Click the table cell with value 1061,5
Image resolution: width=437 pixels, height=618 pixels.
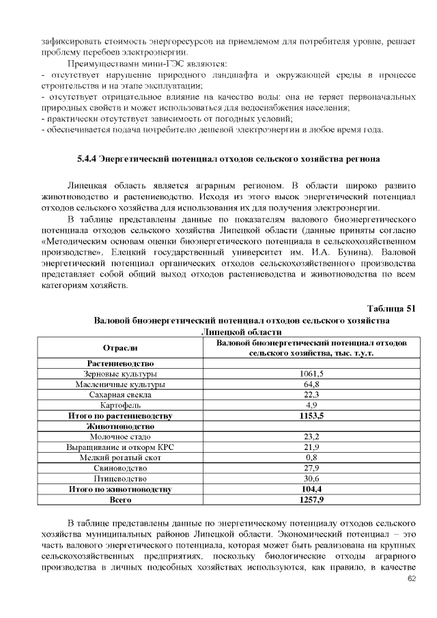click(x=311, y=374)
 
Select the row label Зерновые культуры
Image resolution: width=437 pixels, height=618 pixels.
click(x=120, y=374)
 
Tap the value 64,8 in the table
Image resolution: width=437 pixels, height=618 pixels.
click(x=311, y=384)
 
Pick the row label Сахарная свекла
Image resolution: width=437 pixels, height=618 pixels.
click(x=120, y=395)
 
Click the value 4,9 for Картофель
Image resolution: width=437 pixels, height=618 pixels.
click(x=311, y=405)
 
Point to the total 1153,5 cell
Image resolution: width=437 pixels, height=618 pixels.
click(x=311, y=415)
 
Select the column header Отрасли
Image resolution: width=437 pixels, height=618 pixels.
click(x=120, y=348)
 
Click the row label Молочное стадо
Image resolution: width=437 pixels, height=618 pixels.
click(x=120, y=436)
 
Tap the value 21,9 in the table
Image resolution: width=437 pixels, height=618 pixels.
click(x=311, y=447)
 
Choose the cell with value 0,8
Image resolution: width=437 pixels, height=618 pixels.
click(x=311, y=457)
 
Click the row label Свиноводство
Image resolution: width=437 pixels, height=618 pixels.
click(x=120, y=468)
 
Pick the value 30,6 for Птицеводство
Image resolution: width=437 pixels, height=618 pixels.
click(x=311, y=478)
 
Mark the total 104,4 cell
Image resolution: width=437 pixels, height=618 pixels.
click(x=311, y=489)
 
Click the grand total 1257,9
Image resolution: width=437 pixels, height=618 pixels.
click(x=311, y=500)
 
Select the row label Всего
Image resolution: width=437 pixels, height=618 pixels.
click(x=120, y=500)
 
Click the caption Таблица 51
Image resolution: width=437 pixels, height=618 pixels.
click(x=391, y=308)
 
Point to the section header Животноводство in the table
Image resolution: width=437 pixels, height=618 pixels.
click(x=120, y=426)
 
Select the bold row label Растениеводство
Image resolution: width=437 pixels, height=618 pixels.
click(x=120, y=363)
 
